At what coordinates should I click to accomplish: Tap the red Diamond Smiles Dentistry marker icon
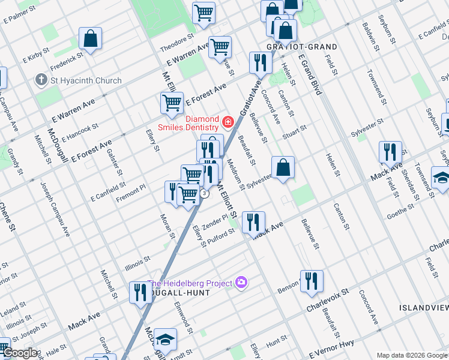pyautogui.click(x=228, y=123)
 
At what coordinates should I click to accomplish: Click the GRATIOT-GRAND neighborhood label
pyautogui.click(x=302, y=46)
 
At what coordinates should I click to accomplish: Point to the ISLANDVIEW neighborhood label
pyautogui.click(x=423, y=307)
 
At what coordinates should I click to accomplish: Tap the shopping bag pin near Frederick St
pyautogui.click(x=90, y=39)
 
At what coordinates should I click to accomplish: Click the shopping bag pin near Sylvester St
pyautogui.click(x=283, y=167)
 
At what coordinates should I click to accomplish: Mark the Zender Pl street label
pyautogui.click(x=215, y=223)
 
